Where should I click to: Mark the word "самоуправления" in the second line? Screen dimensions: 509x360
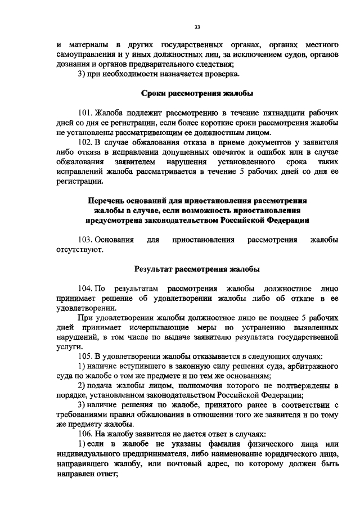[x=90, y=55]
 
